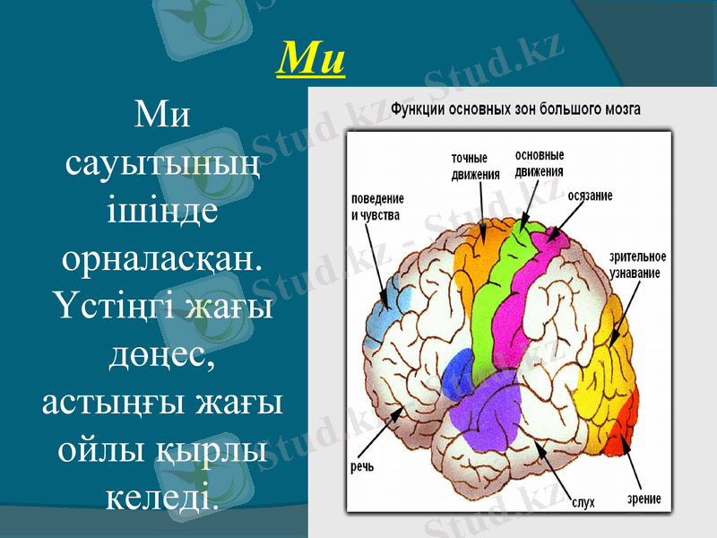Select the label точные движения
(475, 167)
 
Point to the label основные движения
(540, 164)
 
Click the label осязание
(590, 195)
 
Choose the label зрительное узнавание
(638, 265)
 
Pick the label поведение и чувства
(376, 207)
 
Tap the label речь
(362, 466)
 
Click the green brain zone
(497, 296)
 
